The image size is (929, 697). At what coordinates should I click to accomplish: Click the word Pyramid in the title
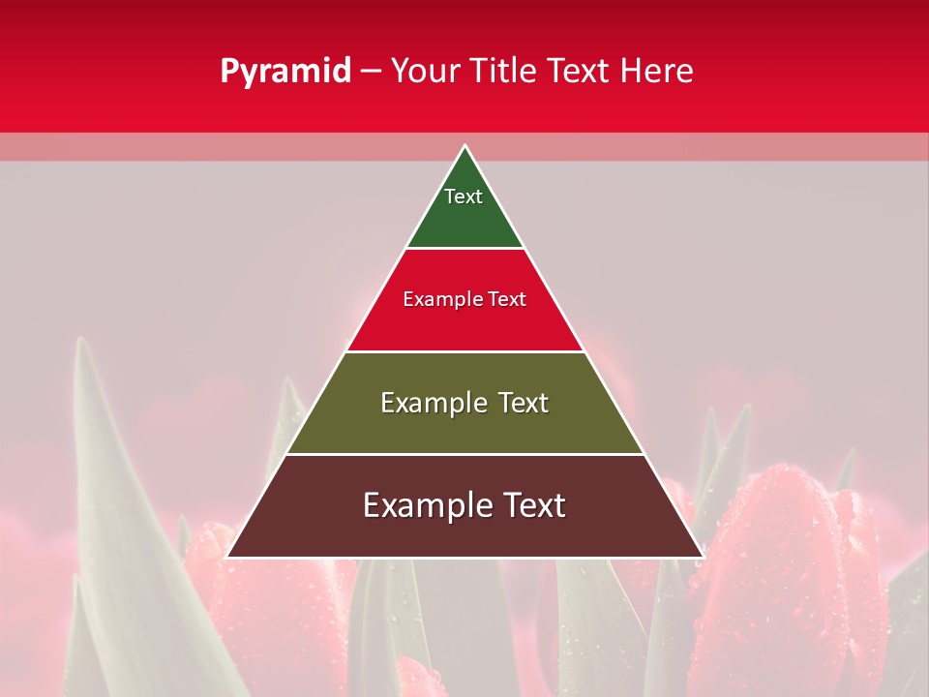[x=285, y=72]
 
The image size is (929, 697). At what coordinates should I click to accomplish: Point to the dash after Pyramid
[x=371, y=72]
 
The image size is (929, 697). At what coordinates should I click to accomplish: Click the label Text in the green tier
[x=464, y=197]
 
